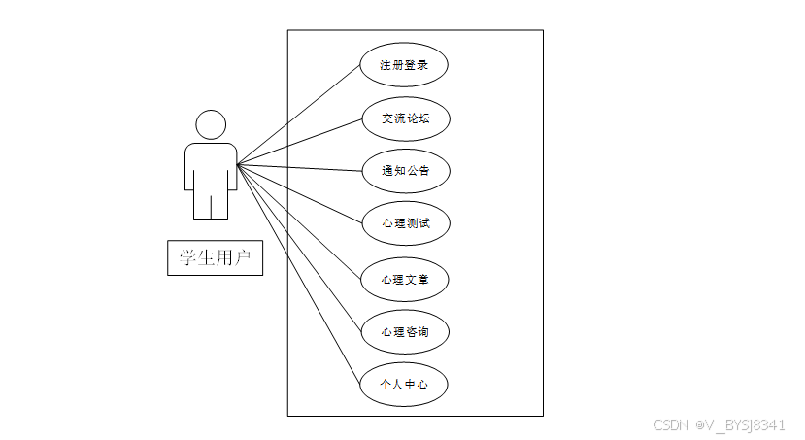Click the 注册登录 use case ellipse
(404, 66)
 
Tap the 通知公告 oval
(404, 171)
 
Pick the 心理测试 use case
(404, 223)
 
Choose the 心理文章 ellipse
(404, 280)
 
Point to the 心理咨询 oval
(404, 332)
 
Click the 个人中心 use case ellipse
(404, 385)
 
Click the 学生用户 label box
(215, 257)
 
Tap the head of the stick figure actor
(211, 124)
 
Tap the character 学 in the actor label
(183, 257)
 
